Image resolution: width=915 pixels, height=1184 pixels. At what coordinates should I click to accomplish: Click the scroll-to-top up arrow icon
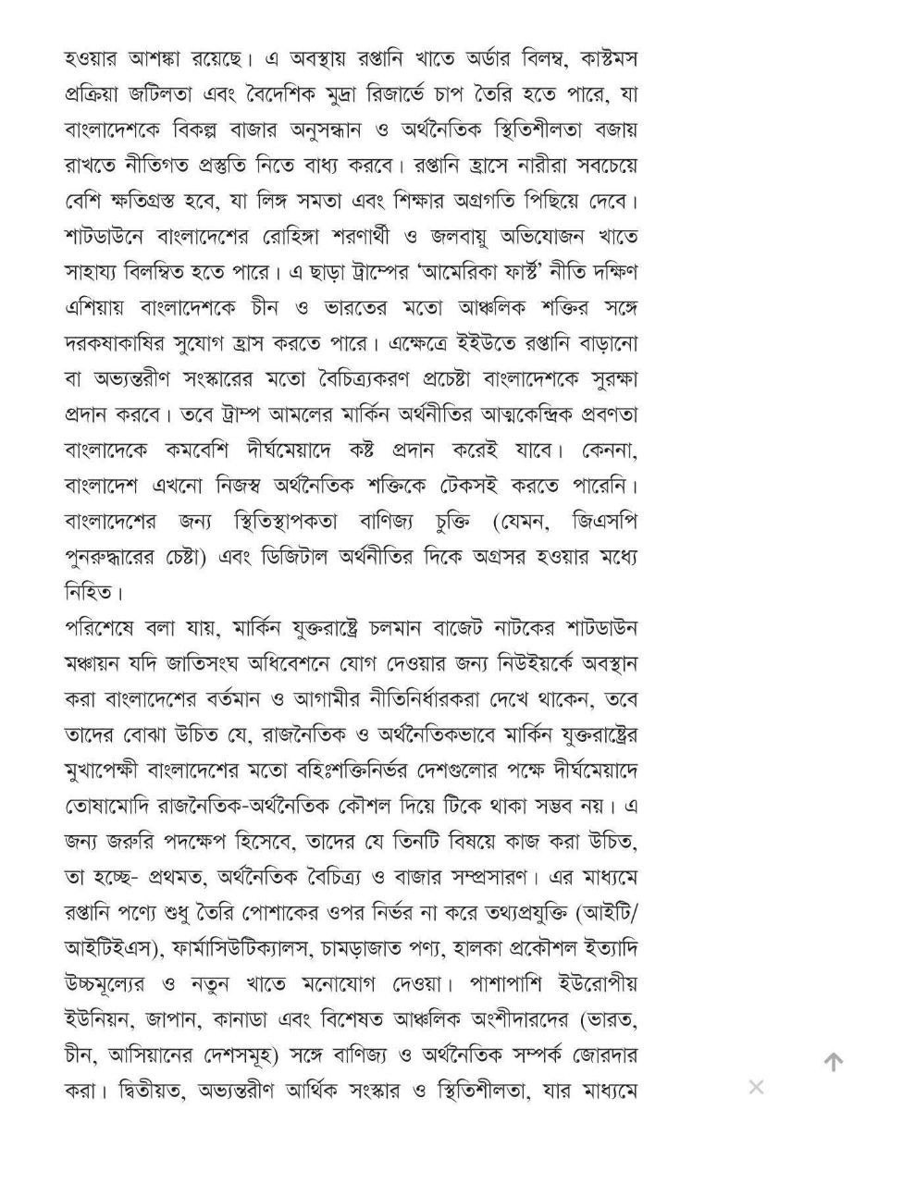[x=833, y=1062]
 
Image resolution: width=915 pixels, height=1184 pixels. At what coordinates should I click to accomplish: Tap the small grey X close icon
[x=756, y=1087]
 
